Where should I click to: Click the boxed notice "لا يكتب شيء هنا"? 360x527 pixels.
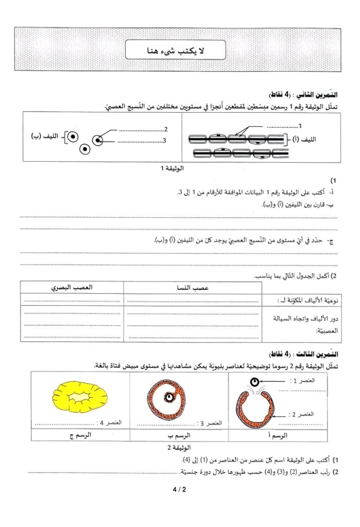(x=179, y=50)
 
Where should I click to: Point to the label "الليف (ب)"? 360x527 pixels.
(x=44, y=136)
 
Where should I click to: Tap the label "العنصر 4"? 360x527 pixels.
(x=112, y=423)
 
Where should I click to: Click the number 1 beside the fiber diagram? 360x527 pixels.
(x=300, y=126)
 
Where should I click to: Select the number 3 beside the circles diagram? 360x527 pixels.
(x=164, y=139)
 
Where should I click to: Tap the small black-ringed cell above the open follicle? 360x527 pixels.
(x=255, y=383)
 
